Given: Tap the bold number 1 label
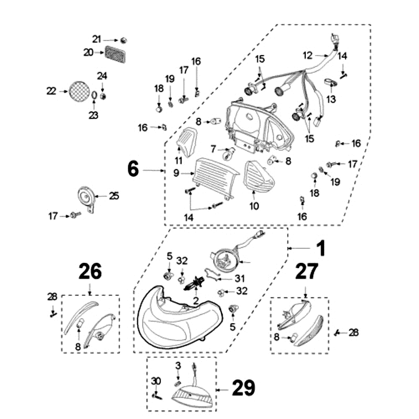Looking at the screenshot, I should click(320, 248).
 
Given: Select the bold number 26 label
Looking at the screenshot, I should click(90, 271).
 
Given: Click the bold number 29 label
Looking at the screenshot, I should click(243, 388).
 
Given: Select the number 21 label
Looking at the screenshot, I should click(96, 39).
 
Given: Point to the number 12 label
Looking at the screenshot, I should click(307, 54).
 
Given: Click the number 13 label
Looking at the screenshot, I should click(332, 99).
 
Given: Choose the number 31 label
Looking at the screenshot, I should click(240, 278).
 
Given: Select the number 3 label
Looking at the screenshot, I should click(178, 365).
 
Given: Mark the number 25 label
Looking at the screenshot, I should click(114, 196).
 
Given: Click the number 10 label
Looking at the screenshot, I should click(254, 206).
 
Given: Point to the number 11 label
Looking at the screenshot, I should click(179, 160).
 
